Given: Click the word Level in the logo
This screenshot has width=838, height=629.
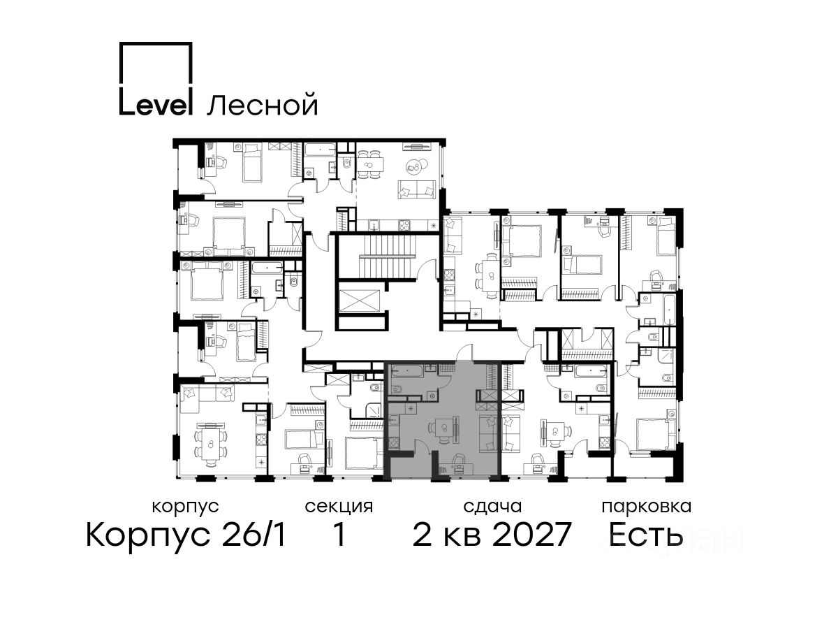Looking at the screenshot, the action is [154, 102].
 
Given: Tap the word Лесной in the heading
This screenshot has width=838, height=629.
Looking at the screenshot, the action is [263, 104].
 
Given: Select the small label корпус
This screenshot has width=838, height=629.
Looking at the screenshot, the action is [185, 507].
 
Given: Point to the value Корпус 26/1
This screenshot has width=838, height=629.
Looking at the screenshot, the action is [186, 535].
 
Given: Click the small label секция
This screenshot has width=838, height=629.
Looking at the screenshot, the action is [339, 507].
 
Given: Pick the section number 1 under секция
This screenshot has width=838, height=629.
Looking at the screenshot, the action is [339, 535].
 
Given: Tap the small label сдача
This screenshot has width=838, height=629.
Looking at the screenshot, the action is [492, 507].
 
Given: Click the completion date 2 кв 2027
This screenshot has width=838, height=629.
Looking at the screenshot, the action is [492, 535].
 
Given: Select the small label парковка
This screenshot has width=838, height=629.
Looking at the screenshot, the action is [647, 507].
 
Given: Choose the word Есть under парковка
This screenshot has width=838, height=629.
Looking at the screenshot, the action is [645, 535].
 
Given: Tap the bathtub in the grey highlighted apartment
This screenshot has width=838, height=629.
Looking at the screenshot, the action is [407, 370].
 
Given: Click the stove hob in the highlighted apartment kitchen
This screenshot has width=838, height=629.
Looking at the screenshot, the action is [395, 444].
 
